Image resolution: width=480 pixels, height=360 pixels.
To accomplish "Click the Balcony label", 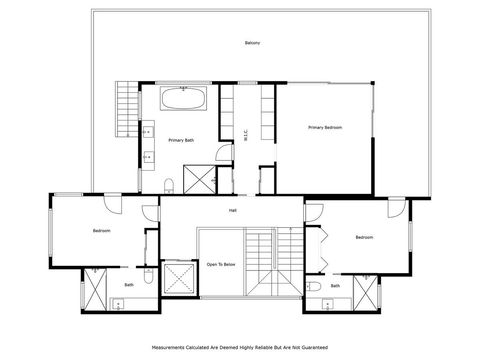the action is point(252,43).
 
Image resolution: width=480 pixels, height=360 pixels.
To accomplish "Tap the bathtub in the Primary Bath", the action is point(184,98).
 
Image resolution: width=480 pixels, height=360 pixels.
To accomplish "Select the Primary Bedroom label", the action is point(325,127).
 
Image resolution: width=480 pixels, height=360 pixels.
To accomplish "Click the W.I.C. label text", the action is point(246,135).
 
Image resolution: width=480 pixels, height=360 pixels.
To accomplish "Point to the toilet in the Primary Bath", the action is point(169,186).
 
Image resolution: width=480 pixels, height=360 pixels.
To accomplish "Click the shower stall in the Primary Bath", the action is point(200,179).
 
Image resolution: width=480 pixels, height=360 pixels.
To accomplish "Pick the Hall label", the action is point(233,211).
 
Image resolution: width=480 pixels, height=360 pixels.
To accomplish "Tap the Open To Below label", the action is point(221,264).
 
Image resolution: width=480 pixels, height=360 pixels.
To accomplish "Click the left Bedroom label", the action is point(102,231).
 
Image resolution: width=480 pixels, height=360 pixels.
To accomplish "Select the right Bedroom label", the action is point(364,237).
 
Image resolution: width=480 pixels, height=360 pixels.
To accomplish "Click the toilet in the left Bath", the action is point(148,276).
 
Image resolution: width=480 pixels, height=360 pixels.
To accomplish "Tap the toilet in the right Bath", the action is point(313,286).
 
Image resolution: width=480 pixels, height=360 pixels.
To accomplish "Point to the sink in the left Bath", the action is point(118,305).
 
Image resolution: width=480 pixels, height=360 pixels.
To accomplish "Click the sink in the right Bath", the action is point(328,305).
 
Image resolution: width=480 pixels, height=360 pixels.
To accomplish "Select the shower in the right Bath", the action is point(365,293).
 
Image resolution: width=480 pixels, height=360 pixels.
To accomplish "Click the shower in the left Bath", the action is point(95,289).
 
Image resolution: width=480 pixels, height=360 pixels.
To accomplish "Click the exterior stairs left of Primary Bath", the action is point(127,109).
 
